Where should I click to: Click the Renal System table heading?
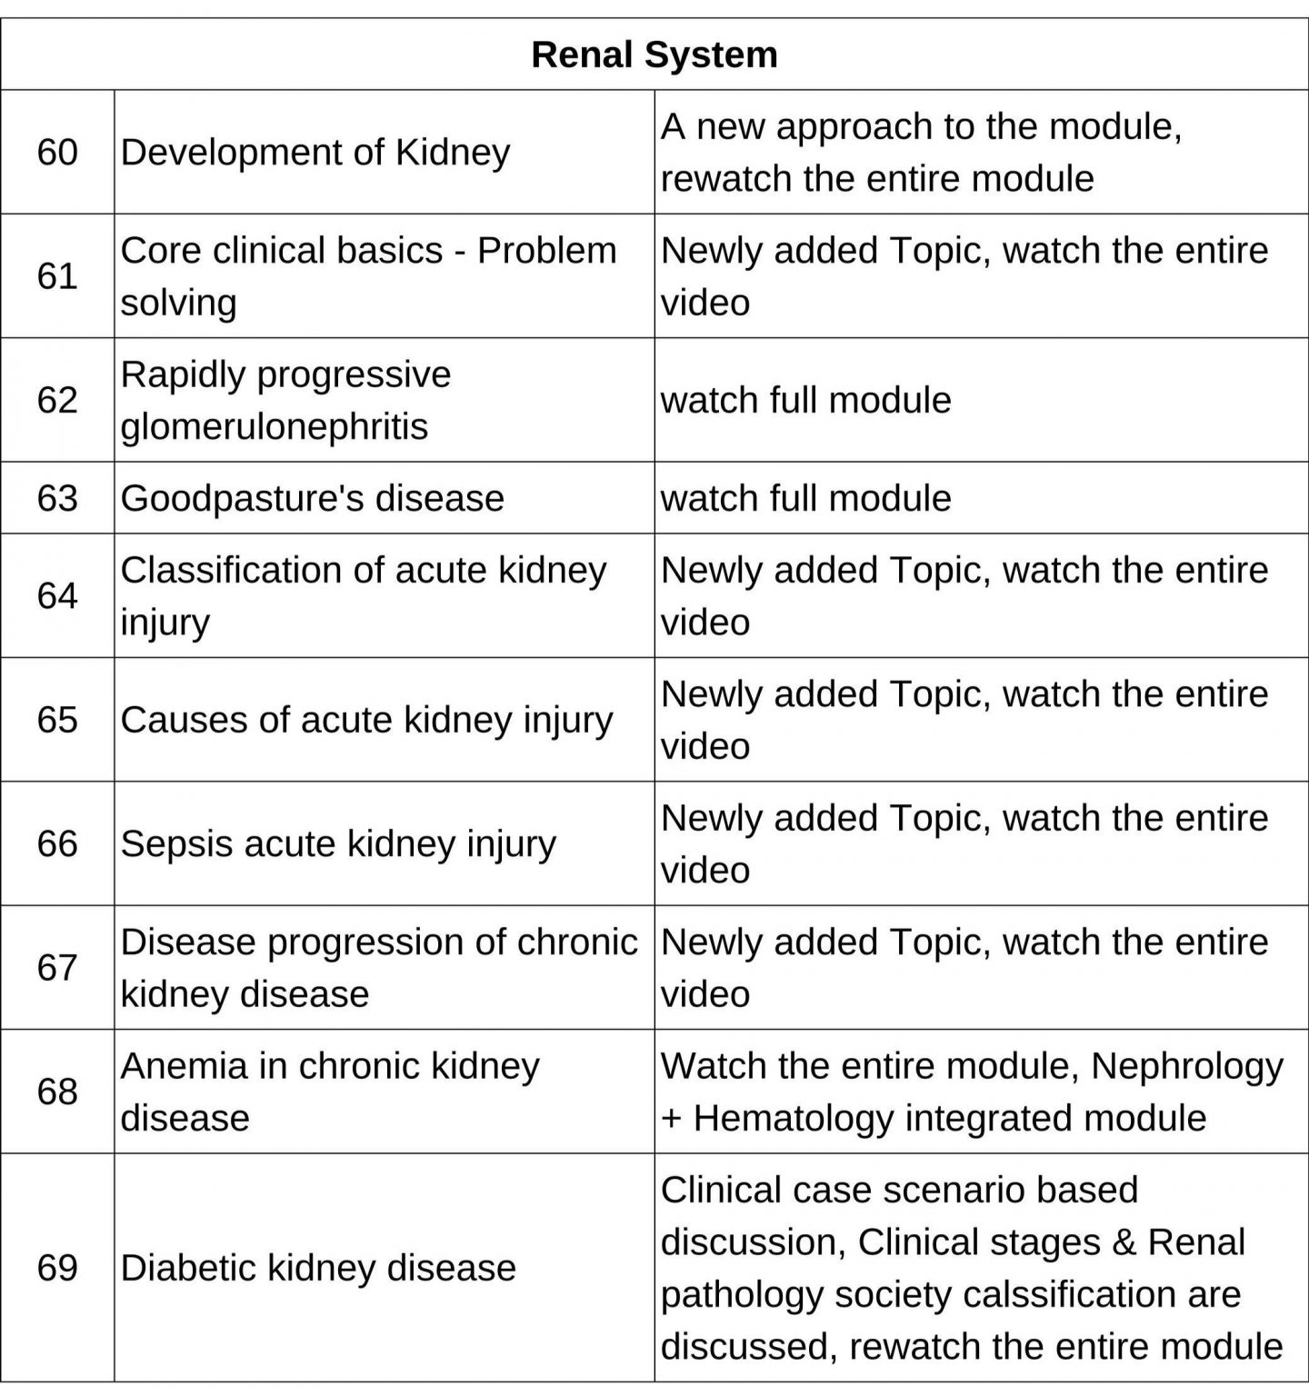(x=654, y=55)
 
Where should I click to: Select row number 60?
(x=57, y=152)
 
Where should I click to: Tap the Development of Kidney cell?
(x=315, y=152)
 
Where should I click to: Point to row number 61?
(x=57, y=276)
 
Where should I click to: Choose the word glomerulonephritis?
(x=274, y=426)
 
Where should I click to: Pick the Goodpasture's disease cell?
(x=312, y=498)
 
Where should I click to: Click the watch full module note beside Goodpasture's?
(x=805, y=498)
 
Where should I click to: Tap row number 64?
(x=57, y=596)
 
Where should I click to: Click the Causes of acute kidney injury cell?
(x=366, y=720)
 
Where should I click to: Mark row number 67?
(x=57, y=968)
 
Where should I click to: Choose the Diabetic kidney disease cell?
(x=318, y=1268)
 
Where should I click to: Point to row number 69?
(x=57, y=1268)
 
